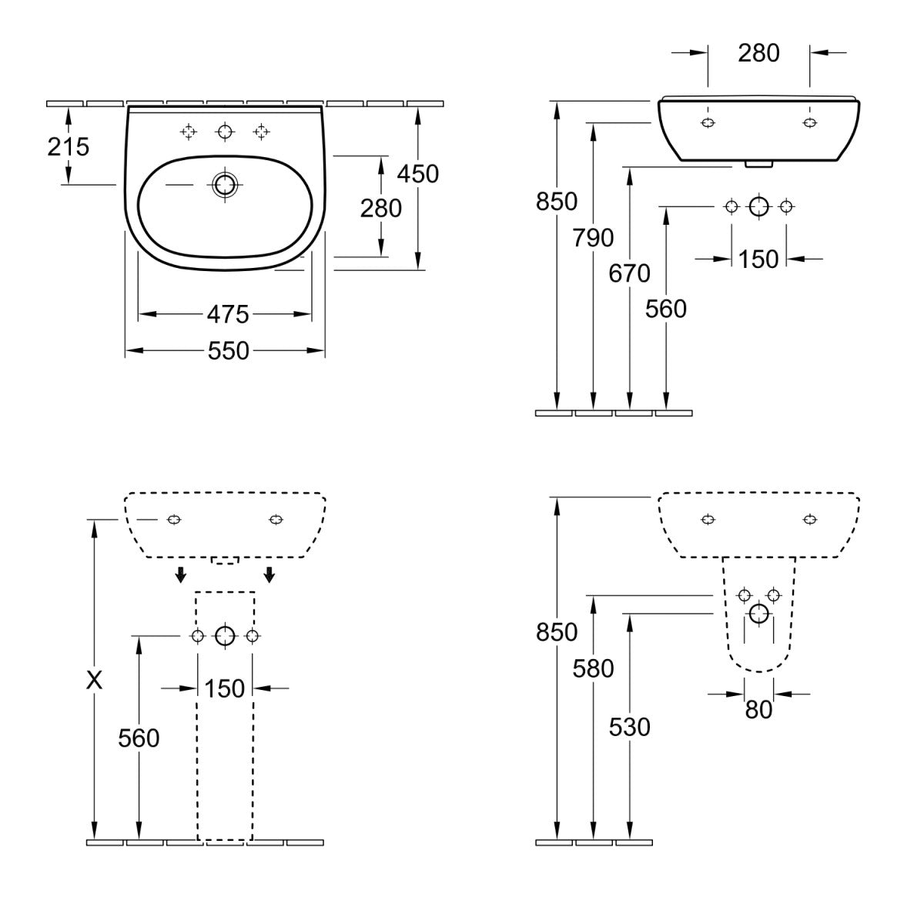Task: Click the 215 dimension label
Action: coord(69,146)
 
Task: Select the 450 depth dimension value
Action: coord(417,173)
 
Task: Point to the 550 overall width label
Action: coord(228,351)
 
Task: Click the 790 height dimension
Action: coord(593,238)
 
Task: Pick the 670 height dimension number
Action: coord(630,273)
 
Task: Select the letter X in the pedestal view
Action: coord(94,680)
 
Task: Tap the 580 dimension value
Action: coord(593,668)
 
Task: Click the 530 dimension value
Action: coord(630,726)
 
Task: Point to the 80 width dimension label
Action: coord(758,709)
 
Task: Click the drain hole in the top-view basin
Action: coord(225,185)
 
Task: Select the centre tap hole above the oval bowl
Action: coord(225,132)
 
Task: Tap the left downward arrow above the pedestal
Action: coord(180,574)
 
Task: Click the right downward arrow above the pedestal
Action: coord(269,574)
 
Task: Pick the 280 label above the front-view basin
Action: coord(758,52)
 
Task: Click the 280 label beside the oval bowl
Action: coord(381,208)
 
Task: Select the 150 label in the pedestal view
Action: coord(225,688)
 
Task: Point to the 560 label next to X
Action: coord(139,738)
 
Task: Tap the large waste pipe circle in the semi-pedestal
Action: coord(758,614)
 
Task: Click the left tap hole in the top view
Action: coord(188,132)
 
